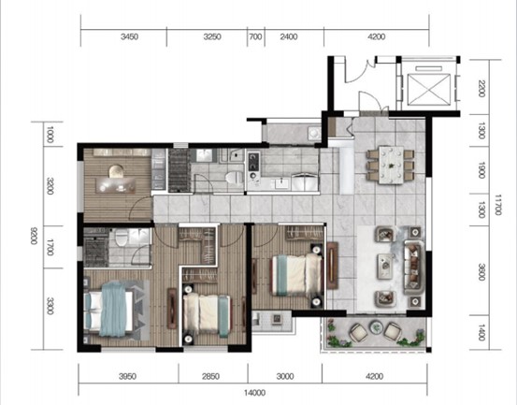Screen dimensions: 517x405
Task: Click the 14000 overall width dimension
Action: click(255, 393)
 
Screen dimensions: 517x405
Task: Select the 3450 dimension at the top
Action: click(129, 36)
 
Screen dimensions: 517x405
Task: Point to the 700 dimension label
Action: click(255, 36)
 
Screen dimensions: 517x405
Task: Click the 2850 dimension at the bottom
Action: click(210, 376)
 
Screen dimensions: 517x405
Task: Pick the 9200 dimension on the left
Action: click(34, 236)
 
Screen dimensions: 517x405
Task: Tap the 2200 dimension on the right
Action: click(481, 88)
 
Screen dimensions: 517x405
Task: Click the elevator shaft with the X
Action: click(428, 89)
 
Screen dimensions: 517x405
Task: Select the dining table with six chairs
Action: click(391, 165)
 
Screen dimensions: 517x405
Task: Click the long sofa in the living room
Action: click(414, 268)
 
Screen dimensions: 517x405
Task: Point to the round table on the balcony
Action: click(376, 327)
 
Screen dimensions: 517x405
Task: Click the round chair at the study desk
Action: click(116, 171)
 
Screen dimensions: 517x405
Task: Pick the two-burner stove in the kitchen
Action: click(253, 166)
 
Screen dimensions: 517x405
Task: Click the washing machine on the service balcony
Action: click(313, 133)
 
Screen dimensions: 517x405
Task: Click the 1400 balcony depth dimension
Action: click(481, 332)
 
